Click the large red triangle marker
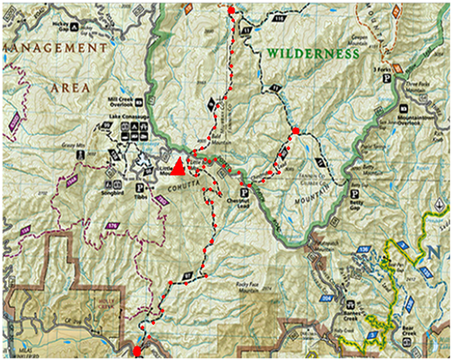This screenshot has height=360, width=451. click(178, 167)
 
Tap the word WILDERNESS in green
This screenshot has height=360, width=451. click(312, 54)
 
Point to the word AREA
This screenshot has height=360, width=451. click(70, 88)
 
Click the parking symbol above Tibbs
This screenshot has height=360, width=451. click(139, 188)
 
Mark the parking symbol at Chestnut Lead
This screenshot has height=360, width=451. click(244, 192)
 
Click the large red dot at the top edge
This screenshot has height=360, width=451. click(232, 11)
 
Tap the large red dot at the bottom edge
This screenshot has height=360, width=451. click(137, 351)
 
